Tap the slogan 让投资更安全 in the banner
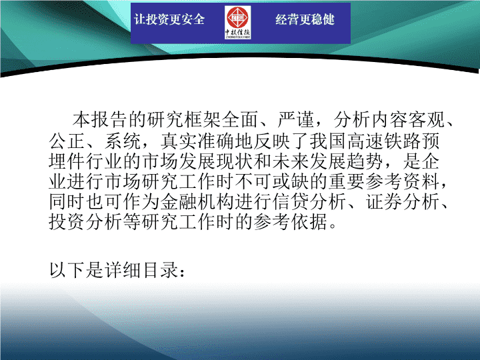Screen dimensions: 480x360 click(x=169, y=19)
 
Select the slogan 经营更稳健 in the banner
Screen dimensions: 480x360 click(x=305, y=19)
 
